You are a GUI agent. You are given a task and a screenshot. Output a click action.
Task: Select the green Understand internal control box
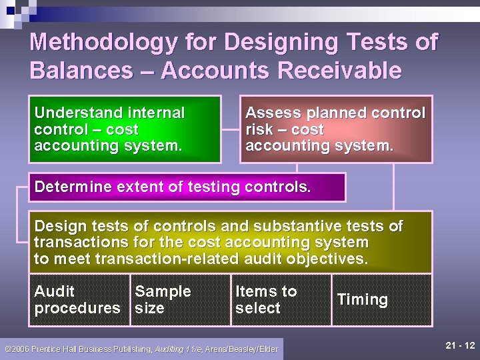tap(124, 129)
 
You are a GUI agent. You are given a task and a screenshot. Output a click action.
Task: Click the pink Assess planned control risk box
tap(335, 129)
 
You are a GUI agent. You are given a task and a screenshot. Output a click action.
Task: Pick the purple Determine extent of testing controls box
tap(187, 187)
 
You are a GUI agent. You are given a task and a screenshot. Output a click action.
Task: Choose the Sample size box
tap(180, 300)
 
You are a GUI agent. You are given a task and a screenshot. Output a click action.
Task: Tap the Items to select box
tap(281, 300)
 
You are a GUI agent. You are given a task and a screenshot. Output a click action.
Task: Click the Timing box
tap(381, 300)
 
